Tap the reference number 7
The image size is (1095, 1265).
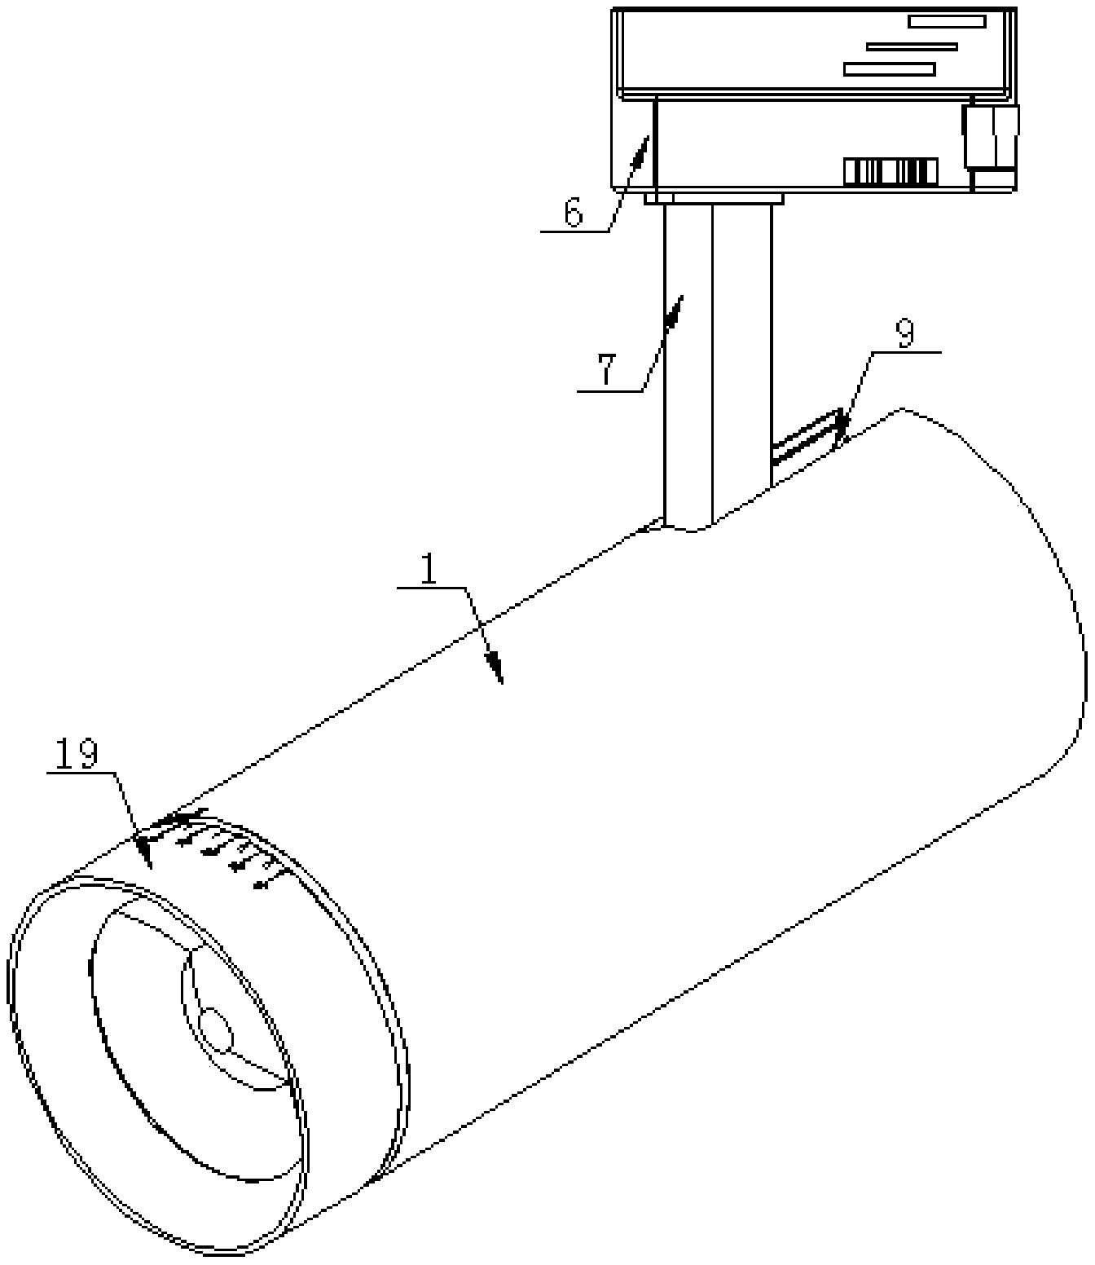coord(605,370)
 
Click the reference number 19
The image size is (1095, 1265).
coord(76,755)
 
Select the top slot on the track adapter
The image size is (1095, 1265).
coord(947,22)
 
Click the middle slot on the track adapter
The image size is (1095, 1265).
coord(912,46)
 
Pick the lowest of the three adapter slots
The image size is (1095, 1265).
coord(890,69)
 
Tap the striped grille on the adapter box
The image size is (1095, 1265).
coord(890,172)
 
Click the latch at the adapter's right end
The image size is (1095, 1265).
coord(991,144)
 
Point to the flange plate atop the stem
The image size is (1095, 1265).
coord(714,199)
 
